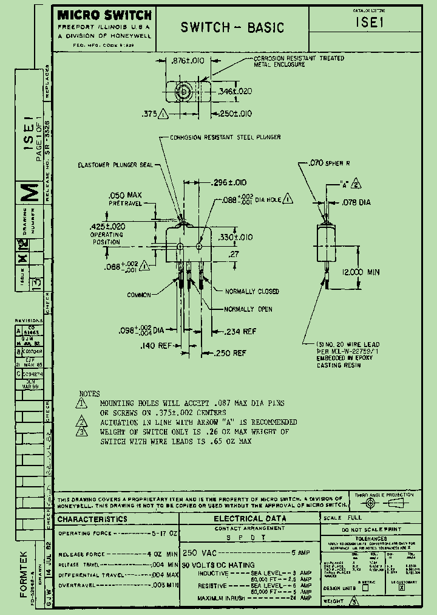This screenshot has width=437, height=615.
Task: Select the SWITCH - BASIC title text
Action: coord(232,27)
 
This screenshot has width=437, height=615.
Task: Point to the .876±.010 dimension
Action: coord(188,61)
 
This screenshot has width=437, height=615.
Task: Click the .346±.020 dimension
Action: coord(235,92)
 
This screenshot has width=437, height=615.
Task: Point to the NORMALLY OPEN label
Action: coord(248,309)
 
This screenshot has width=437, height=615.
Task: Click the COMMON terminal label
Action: coord(139,295)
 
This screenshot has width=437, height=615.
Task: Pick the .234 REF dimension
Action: coord(240,332)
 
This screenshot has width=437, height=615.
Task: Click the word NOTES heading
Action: coord(90,394)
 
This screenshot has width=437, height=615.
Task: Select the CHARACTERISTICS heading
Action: coord(92,519)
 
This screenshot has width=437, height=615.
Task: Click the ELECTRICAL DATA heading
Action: coord(249,518)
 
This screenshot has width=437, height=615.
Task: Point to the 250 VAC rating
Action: coord(198,554)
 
